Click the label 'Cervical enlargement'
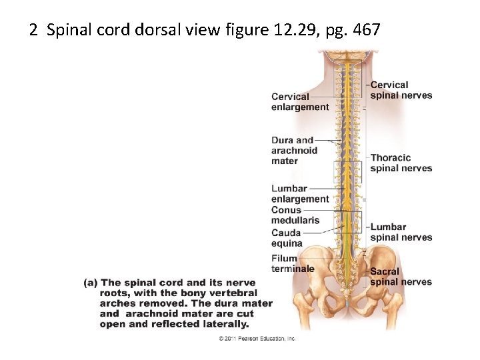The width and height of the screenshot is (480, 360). (300, 101)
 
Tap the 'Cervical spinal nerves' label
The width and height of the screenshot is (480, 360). (401, 90)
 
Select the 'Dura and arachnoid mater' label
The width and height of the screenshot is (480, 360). (294, 150)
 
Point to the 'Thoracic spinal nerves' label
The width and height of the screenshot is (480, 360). (401, 163)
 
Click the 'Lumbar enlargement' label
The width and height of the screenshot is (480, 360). (300, 193)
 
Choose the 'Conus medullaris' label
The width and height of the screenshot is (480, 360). (295, 215)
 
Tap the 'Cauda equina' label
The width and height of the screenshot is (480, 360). (287, 238)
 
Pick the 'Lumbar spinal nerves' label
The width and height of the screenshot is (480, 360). (401, 232)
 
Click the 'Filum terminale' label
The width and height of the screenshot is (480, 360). (293, 263)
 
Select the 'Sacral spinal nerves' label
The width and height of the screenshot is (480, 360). (401, 277)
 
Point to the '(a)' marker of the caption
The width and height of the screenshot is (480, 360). (91, 283)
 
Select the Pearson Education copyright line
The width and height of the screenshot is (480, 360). (257, 339)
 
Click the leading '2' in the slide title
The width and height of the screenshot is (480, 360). (33, 30)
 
